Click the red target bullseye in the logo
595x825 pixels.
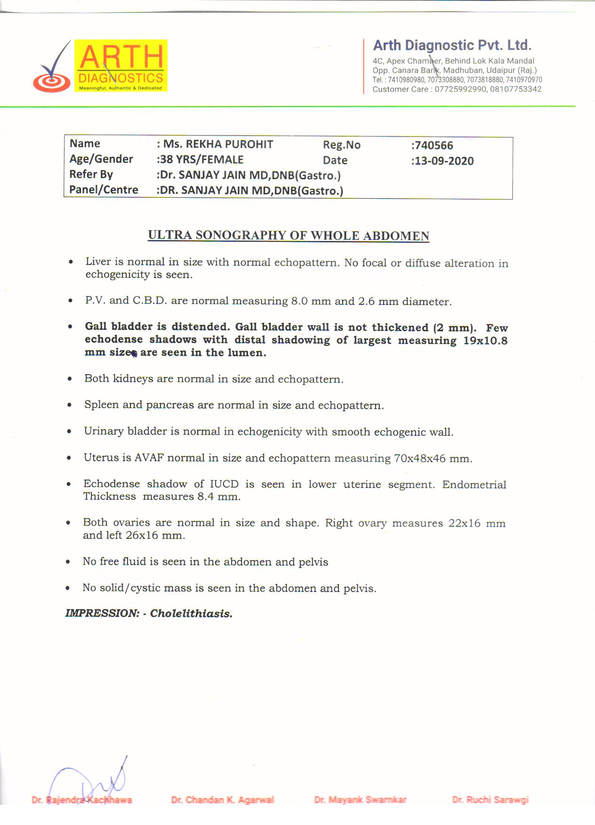point(51,82)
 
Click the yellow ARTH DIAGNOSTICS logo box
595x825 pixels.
point(121,65)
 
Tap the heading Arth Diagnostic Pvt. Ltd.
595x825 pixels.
point(452,45)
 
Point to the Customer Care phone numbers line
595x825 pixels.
point(457,89)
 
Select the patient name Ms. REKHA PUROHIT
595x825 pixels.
point(218,144)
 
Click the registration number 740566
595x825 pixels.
point(433,145)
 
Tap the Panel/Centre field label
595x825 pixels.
point(104,190)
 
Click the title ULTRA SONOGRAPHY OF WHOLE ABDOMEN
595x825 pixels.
point(289,235)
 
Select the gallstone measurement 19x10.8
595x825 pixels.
point(485,340)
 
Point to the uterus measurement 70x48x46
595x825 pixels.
point(419,458)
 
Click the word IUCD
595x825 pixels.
point(224,484)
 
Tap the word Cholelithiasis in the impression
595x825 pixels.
point(191,613)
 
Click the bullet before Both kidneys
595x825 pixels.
point(70,379)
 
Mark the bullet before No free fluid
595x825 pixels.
point(68,561)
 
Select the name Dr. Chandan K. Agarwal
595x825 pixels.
point(222,800)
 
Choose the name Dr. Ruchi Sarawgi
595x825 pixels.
point(490,800)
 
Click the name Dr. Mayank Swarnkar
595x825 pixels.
point(360,800)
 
